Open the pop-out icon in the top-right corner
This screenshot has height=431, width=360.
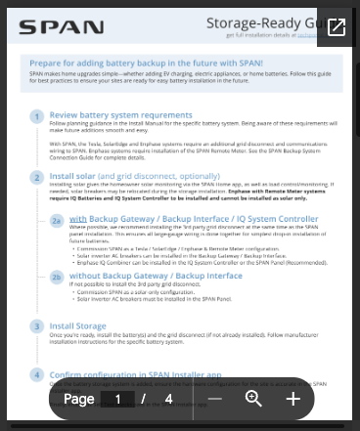(x=336, y=27)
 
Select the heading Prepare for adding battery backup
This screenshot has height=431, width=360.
(x=139, y=62)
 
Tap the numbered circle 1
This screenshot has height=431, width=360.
(x=36, y=115)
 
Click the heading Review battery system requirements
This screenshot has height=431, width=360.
(x=120, y=114)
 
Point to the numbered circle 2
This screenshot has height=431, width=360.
(x=36, y=178)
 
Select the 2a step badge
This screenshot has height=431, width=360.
(x=57, y=221)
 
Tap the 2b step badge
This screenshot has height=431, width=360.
(x=57, y=277)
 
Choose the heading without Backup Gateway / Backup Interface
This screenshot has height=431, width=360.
(x=156, y=276)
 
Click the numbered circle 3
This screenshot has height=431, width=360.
(x=36, y=325)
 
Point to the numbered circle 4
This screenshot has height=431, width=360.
(x=36, y=374)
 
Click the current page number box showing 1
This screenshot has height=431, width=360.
(x=118, y=399)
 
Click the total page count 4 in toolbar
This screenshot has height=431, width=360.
(x=168, y=399)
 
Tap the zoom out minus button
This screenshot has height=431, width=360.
(x=215, y=399)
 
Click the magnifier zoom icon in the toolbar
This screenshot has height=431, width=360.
(x=253, y=399)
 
